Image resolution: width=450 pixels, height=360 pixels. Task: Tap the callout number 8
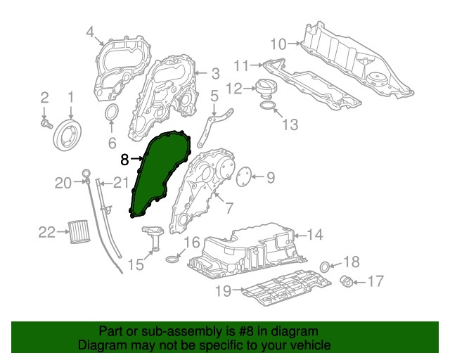tap(124, 160)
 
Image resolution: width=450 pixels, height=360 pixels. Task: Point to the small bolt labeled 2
tap(46, 124)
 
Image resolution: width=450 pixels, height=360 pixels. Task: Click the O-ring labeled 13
tap(268, 107)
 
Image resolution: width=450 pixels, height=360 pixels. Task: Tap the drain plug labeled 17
tap(347, 282)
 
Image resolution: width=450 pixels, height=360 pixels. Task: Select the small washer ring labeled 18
tap(325, 266)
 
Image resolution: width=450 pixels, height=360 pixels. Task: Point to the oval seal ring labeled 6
tap(112, 115)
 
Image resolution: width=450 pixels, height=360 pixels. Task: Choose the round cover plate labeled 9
tap(243, 176)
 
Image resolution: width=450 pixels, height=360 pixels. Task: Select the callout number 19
tap(223, 289)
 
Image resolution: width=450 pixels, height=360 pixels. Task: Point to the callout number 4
tap(90, 32)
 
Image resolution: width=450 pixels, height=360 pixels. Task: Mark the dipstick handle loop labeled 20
tap(85, 173)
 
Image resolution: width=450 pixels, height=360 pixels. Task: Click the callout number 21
tap(122, 184)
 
